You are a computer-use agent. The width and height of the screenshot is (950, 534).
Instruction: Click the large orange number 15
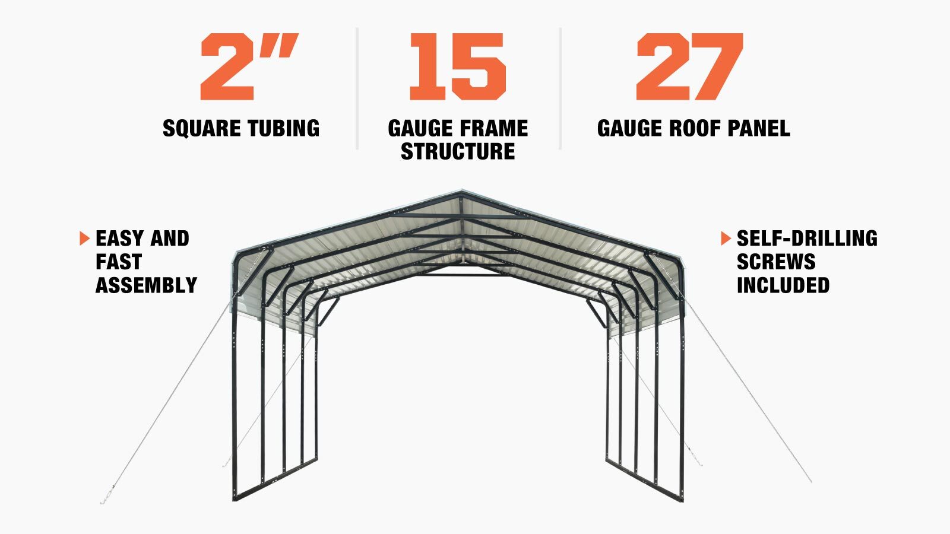458,66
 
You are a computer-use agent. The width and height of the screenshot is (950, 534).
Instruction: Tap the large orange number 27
689,66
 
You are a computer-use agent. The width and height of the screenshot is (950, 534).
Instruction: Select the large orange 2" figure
249,66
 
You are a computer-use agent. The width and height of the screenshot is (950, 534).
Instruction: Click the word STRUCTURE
458,151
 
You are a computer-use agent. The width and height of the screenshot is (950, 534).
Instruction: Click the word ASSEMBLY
146,285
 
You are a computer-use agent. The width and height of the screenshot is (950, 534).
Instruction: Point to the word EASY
119,238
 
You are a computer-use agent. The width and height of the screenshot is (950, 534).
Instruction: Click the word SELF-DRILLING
807,238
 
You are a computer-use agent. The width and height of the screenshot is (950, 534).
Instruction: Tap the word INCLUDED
783,285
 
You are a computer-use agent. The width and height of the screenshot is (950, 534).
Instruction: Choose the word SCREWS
776,262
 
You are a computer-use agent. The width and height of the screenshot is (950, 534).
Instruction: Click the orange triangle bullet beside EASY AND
84,238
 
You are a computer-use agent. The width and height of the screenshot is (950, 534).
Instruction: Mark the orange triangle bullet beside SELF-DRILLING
726,238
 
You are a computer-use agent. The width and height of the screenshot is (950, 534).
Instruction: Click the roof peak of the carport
461,192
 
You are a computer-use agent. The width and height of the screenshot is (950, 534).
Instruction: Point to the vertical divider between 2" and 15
357,88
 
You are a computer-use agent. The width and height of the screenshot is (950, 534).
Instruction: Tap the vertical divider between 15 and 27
560,88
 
